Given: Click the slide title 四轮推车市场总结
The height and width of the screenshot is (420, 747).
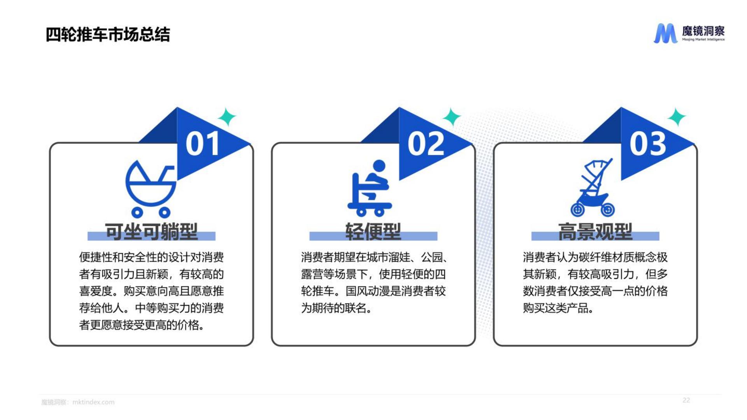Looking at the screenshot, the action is point(108,34).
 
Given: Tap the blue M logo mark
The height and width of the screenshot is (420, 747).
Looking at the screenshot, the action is point(665,33).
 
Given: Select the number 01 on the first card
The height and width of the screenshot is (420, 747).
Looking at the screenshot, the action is point(202,143).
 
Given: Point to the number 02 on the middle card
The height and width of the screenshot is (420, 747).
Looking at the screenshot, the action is point(426,143).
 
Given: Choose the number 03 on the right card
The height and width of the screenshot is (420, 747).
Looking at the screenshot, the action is point(648,143).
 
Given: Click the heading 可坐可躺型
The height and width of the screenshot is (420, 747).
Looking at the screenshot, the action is point(151,231).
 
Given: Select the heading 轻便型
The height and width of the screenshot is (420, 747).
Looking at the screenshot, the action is point(373,231).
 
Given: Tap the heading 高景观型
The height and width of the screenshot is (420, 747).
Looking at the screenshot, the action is point(595,231).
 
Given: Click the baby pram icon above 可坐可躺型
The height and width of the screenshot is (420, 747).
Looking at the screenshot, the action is point(151,189).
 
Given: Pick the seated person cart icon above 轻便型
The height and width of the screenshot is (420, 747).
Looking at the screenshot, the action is point(370,188).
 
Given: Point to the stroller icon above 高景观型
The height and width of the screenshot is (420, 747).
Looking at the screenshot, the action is point(593,187).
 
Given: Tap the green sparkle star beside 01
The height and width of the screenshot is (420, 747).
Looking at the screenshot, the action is point(227,117).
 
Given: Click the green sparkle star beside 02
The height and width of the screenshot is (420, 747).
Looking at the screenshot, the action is point(452,117).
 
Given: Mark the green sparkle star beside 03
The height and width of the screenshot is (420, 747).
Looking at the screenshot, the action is point(677,117).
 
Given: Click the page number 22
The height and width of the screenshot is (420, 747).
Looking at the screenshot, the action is point(686,400).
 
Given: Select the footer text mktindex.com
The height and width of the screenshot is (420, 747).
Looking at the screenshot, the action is point(93,402).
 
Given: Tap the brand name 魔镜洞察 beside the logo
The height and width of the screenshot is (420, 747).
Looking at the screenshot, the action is point(703,31).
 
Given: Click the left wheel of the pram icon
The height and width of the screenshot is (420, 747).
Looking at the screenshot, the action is point(137,212).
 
